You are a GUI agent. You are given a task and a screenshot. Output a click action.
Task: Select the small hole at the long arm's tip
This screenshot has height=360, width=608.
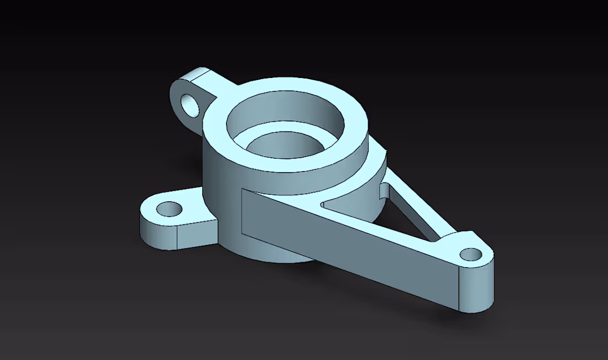point(470,254)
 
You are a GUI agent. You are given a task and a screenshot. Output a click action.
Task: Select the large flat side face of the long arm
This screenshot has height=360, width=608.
point(343,249)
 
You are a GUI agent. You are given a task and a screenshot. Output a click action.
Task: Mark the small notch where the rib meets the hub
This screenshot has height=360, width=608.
point(383,191)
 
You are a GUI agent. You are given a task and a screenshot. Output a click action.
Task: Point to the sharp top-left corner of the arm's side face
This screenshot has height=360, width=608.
point(243,190)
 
